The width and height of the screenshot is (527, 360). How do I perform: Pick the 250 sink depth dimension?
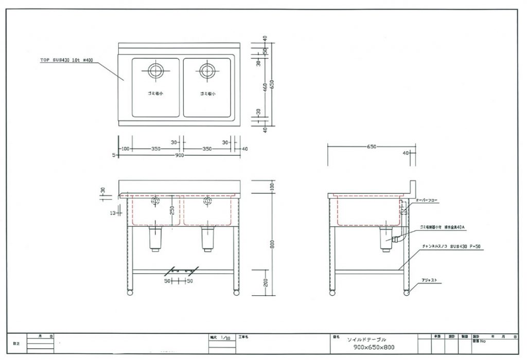[173, 209]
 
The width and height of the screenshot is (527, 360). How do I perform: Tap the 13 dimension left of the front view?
[112, 212]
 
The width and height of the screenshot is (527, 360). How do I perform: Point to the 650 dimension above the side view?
[372, 147]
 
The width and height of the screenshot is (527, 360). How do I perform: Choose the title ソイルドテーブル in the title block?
[366, 339]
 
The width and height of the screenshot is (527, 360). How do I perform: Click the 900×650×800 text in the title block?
[374, 347]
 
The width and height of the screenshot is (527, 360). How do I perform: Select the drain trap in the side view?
[387, 239]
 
